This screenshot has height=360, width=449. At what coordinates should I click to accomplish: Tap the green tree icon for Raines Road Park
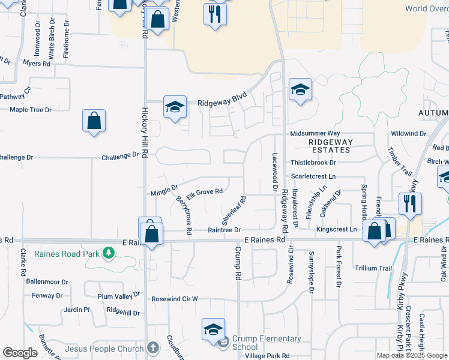click(108, 253)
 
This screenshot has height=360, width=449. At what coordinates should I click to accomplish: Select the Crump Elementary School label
click(258, 343)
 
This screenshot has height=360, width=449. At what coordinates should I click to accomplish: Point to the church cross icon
click(152, 348)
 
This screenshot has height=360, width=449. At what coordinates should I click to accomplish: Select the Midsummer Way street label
click(315, 133)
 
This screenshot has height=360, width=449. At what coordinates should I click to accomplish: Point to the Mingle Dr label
click(164, 191)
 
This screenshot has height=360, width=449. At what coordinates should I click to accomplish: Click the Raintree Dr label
click(224, 230)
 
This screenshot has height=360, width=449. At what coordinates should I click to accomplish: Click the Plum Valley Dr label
click(119, 295)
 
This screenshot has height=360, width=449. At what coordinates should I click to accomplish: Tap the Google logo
click(20, 353)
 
